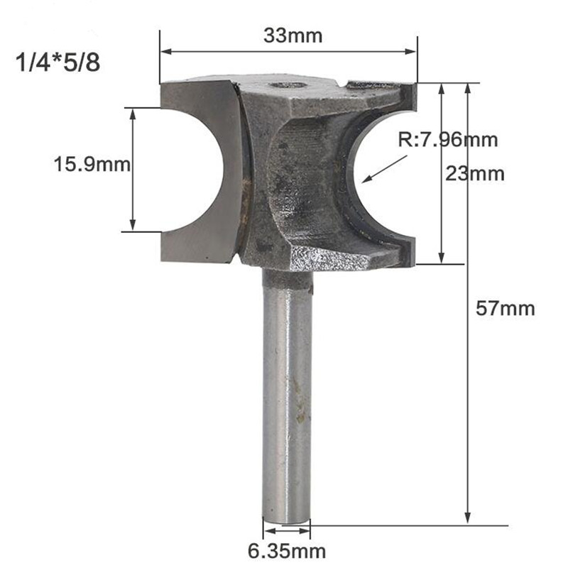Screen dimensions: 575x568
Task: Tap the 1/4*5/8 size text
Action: click(58, 63)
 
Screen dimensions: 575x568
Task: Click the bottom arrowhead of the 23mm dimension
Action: click(442, 259)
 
